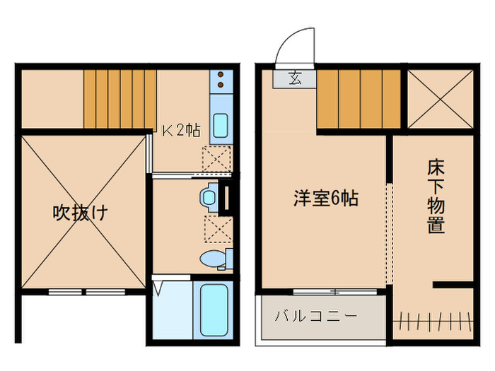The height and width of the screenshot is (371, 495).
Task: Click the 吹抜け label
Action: (81, 213)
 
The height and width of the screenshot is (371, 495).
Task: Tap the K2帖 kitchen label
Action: (182, 130)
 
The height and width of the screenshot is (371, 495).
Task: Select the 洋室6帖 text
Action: (325, 199)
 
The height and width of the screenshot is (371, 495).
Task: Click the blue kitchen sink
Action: (220, 126)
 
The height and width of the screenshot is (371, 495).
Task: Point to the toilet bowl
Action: (213, 259)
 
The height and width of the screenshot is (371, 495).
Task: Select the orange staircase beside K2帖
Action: (120, 99)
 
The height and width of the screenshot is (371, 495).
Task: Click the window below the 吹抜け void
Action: (86, 291)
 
